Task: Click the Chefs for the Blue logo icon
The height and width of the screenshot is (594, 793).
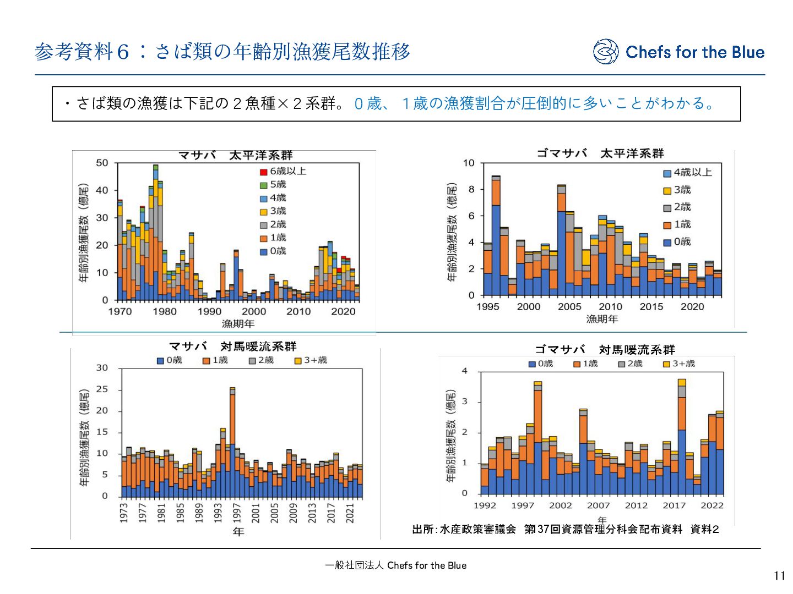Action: (606, 52)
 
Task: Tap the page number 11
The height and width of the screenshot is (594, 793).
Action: (779, 576)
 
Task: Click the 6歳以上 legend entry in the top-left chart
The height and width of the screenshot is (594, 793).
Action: (283, 172)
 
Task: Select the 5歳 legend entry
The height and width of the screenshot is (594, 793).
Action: (273, 185)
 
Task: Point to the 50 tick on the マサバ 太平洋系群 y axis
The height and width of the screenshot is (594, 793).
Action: (102, 163)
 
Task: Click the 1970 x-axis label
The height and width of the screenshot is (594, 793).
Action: (120, 312)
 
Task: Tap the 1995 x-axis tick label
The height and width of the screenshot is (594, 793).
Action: (488, 307)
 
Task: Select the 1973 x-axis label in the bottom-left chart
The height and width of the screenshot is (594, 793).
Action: (124, 513)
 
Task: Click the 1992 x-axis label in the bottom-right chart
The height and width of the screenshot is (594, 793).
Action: (485, 505)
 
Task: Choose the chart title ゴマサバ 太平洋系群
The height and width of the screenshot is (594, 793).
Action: (600, 153)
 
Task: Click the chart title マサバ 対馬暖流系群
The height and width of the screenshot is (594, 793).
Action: (232, 346)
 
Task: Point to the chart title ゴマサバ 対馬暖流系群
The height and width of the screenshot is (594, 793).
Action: (605, 350)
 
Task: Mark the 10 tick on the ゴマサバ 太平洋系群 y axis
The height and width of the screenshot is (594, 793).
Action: (468, 163)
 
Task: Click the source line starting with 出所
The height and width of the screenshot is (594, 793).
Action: (566, 529)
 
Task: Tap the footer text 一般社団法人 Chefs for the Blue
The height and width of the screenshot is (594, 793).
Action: (396, 565)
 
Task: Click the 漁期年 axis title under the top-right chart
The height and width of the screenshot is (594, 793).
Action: (602, 319)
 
